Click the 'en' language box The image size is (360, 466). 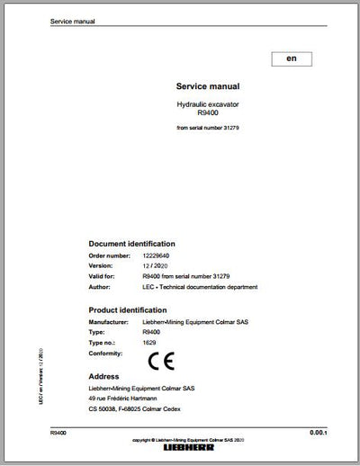[291, 58]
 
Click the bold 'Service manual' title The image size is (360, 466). [208, 86]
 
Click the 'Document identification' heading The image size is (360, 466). [131, 244]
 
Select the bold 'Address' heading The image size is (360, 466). [105, 376]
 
